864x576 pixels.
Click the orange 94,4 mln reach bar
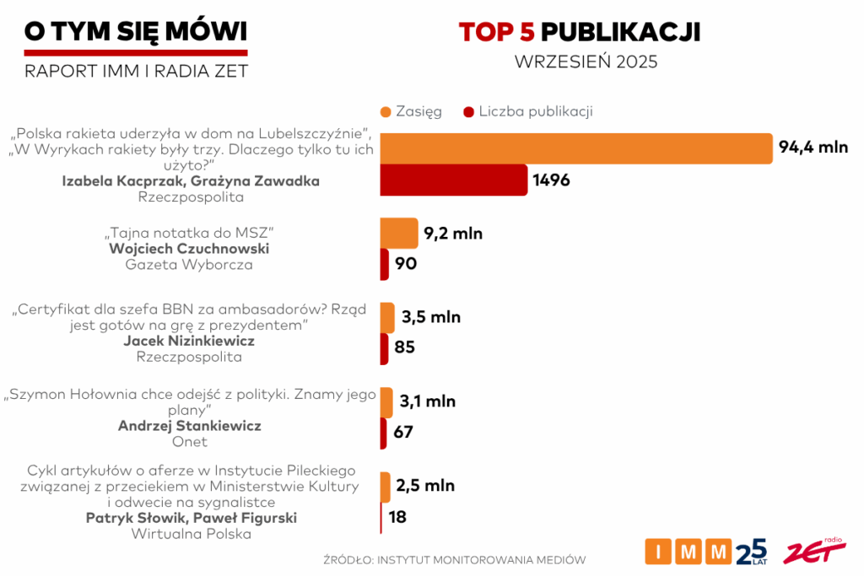(576, 148)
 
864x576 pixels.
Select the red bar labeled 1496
(454, 180)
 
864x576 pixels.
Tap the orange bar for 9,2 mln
(399, 233)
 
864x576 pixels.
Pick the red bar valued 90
(385, 264)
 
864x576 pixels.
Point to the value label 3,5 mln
(431, 317)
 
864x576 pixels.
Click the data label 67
(403, 433)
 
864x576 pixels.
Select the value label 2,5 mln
(425, 486)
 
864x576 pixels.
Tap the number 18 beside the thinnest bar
(397, 517)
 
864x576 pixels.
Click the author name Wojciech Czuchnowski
(189, 249)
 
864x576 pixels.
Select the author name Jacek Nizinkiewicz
(189, 341)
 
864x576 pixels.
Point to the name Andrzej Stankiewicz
(189, 426)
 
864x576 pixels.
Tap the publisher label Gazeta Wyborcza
(189, 265)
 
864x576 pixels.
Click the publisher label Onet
(189, 441)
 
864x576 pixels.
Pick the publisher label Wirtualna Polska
(191, 533)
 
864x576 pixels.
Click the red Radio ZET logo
(813, 552)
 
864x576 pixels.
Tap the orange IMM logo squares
(688, 552)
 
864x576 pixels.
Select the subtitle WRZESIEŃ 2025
(586, 62)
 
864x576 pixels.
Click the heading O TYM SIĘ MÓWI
(136, 32)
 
